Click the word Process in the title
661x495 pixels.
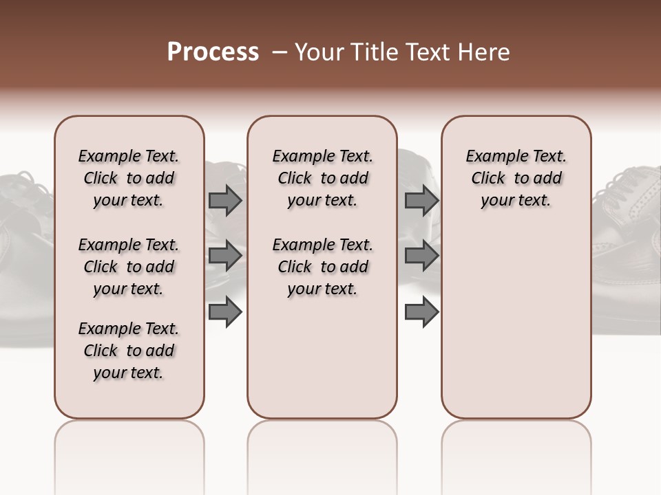coord(213,52)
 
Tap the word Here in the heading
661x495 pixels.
coord(486,52)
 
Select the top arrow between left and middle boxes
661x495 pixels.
coord(225,200)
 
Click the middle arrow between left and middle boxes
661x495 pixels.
coord(225,256)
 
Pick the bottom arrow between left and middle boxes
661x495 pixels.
coord(225,312)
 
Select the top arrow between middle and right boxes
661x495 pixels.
coord(421,200)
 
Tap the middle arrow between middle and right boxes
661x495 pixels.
coord(421,256)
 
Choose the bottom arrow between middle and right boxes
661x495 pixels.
coord(421,312)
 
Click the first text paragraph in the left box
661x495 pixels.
coord(129,178)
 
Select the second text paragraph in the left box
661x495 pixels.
coord(129,267)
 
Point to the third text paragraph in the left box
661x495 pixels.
coord(129,351)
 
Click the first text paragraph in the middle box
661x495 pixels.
coord(322,178)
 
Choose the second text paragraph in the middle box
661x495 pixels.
coord(322,267)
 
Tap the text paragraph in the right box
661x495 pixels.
coord(516,178)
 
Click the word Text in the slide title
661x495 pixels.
coord(432,52)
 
